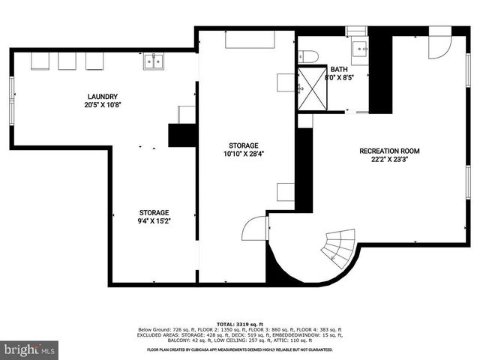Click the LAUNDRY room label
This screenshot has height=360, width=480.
[x=103, y=96]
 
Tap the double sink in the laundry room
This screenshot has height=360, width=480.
[x=155, y=61]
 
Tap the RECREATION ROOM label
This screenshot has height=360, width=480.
[x=389, y=151]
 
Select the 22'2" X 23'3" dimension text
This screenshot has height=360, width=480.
[x=389, y=159]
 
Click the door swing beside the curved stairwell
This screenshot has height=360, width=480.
[x=256, y=227]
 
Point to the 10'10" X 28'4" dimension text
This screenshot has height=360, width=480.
[x=244, y=154]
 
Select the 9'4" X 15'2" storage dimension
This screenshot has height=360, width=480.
[x=153, y=221]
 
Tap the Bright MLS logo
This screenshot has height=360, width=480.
[x=30, y=349]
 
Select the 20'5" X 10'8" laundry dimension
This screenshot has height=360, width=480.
[x=103, y=105]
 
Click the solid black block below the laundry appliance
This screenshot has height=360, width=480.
[x=181, y=135]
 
